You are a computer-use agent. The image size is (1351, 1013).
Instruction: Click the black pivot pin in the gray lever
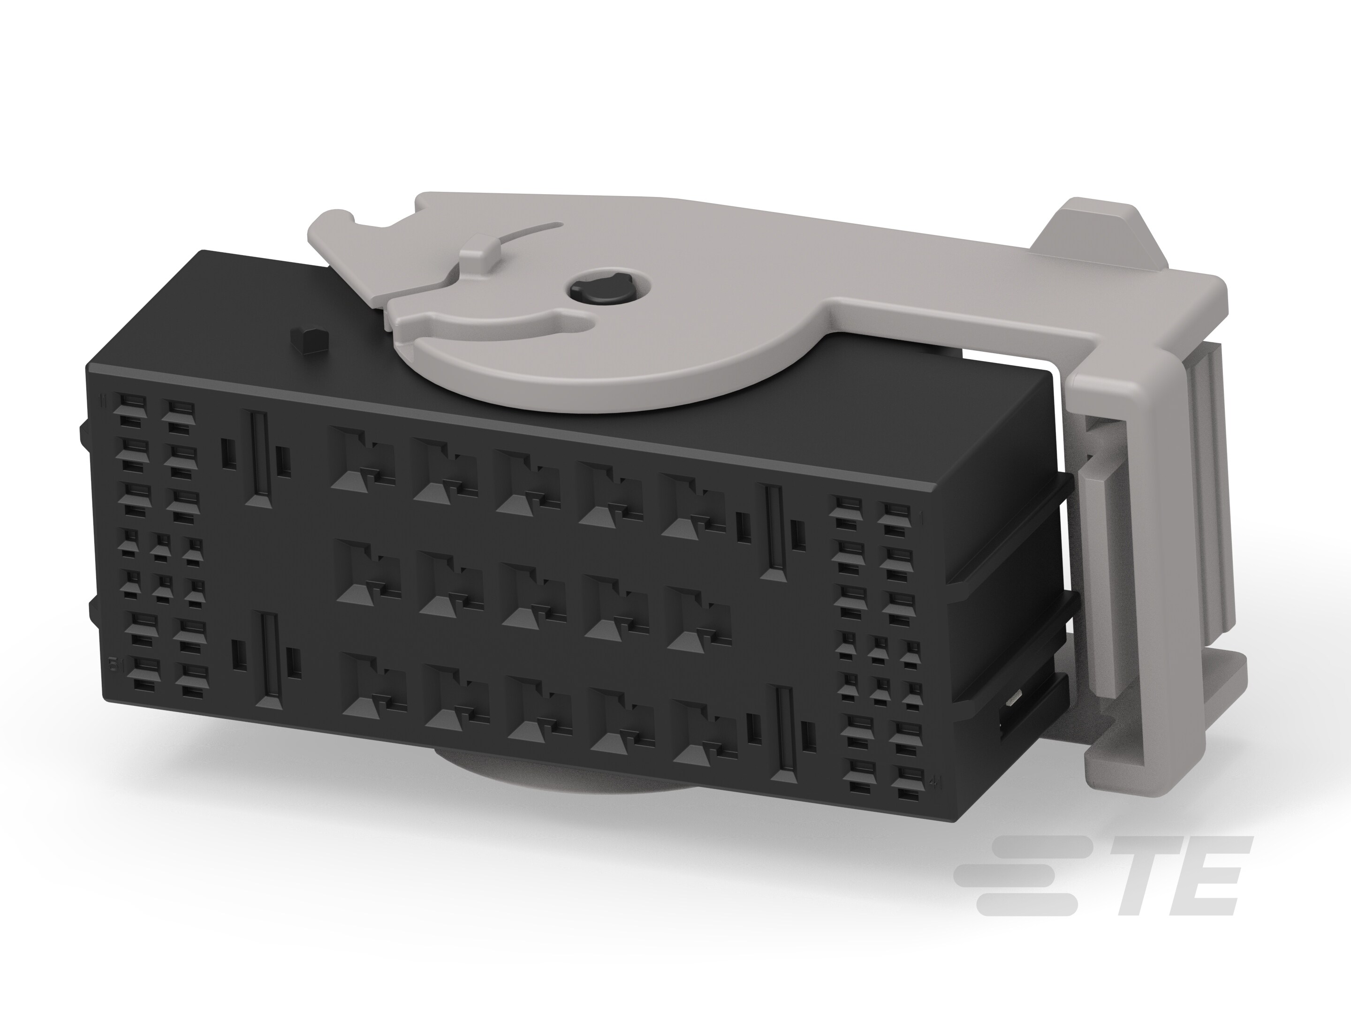click(594, 289)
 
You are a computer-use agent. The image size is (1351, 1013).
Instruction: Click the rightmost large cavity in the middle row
click(698, 618)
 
